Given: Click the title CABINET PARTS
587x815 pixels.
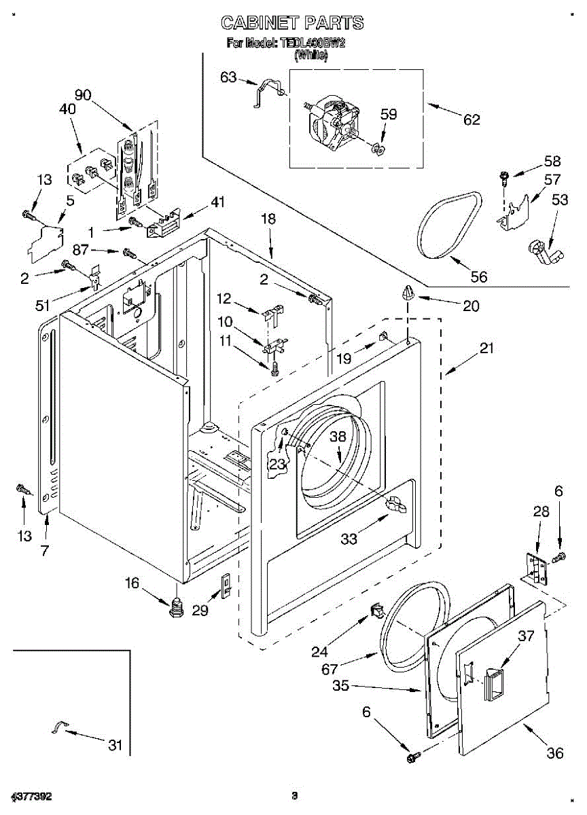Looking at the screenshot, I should pos(292,23).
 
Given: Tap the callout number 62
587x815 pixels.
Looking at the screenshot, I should pos(472,120).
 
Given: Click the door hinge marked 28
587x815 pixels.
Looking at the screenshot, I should pos(537,567).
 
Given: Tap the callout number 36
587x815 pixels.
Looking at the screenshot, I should pos(555,753).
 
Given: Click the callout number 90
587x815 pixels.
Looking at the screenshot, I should pos(84,95).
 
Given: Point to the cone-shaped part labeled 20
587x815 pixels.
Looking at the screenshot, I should pos(408,293).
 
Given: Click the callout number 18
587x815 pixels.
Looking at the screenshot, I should pos(268,219).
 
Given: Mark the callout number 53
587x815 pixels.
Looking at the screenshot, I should pos(560,200).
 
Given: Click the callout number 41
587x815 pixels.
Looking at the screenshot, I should pos(217,202).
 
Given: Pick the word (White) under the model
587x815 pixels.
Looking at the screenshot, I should pos(310,57).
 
